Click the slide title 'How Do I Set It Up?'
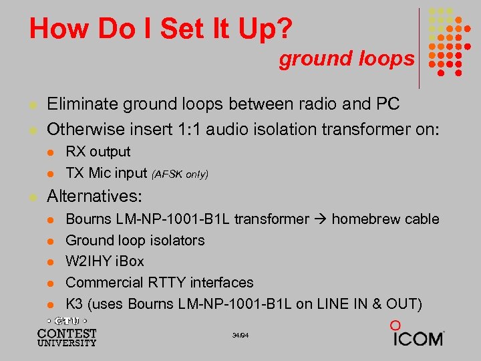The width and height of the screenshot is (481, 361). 160,29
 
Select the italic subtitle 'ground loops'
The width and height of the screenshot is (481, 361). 347,59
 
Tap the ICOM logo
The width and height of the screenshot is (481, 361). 418,335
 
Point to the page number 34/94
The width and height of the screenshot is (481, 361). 240,334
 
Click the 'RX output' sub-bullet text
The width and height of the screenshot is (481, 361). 98,152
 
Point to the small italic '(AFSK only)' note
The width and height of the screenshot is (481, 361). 180,174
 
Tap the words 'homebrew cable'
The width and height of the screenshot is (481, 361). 385,219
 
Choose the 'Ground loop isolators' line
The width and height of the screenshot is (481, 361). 135,240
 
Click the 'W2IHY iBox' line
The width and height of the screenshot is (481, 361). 105,261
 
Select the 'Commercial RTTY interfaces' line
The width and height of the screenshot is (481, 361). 160,283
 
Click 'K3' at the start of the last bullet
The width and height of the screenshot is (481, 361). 75,304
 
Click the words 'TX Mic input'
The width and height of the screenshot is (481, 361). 106,173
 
